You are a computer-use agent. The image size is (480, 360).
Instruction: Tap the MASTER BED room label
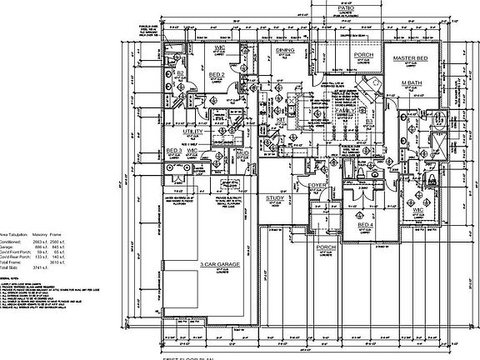click(x=410, y=59)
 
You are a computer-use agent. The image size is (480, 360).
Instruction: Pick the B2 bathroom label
click(x=179, y=73)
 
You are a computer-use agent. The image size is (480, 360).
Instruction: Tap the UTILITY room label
click(x=194, y=131)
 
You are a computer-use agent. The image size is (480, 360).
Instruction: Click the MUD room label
click(x=242, y=154)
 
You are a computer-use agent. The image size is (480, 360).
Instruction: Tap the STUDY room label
click(x=276, y=198)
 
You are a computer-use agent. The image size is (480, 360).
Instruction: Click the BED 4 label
click(x=366, y=226)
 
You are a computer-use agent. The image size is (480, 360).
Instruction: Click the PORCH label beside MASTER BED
click(x=363, y=56)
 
